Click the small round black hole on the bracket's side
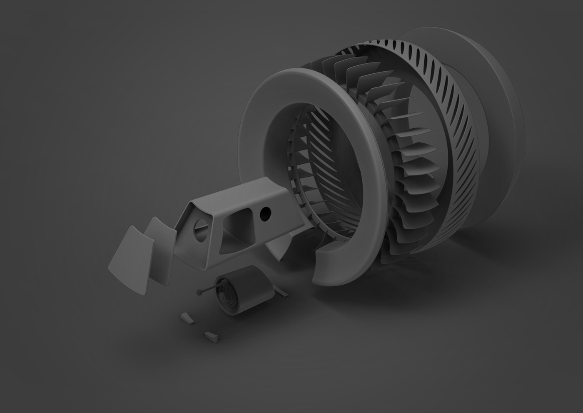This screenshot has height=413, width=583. coord(264,214)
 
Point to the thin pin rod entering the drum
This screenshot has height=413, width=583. coord(208,290)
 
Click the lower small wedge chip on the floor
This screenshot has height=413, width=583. coord(211,336)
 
